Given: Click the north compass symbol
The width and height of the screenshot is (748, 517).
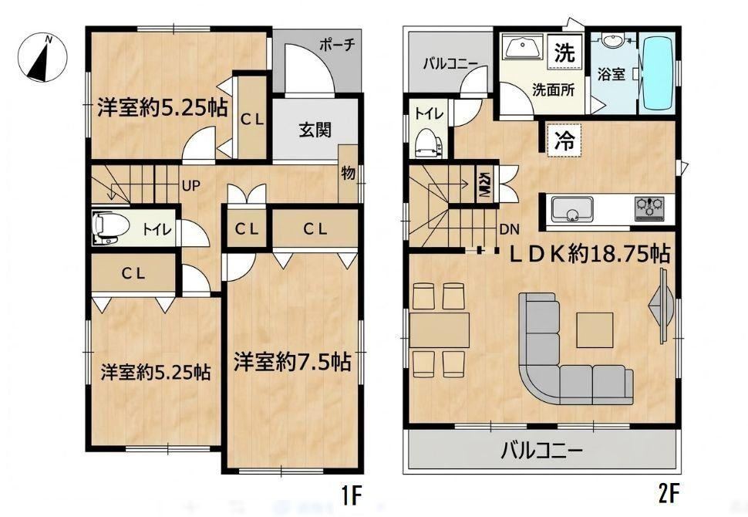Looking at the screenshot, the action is (x=42, y=57).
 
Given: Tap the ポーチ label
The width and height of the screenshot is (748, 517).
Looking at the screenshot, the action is (x=337, y=45).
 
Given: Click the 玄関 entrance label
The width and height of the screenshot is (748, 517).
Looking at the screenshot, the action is (x=315, y=130).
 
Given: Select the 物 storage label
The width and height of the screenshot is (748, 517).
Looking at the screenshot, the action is (x=349, y=173).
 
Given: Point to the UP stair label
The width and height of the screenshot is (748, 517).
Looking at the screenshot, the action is (x=190, y=186).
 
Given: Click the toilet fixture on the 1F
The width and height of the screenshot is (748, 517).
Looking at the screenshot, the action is (x=110, y=226).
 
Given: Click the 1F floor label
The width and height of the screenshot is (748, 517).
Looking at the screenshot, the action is (x=352, y=496).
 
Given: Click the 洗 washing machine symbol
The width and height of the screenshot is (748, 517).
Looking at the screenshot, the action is (x=564, y=52).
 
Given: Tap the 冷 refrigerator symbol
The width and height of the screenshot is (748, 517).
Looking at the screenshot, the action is (x=564, y=140).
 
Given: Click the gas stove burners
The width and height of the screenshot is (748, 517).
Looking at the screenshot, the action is (x=649, y=208).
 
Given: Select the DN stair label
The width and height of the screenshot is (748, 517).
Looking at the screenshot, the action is (x=509, y=230).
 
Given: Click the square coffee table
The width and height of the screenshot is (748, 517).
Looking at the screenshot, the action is (x=595, y=329).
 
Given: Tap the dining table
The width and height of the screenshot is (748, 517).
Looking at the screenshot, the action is (x=440, y=329).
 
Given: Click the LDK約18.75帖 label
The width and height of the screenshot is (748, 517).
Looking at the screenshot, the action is (x=590, y=255).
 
